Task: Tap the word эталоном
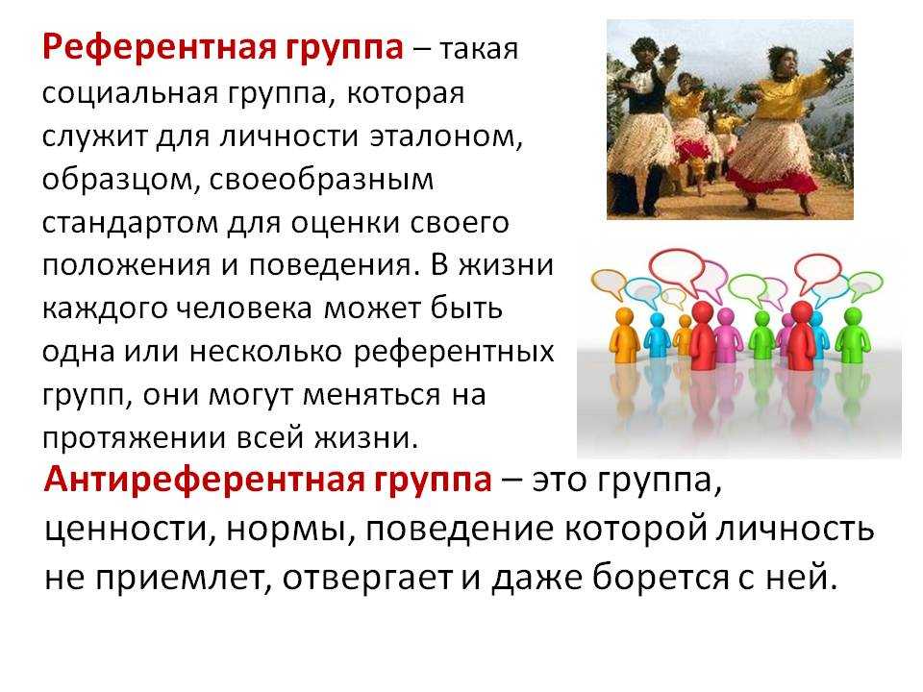tap(445, 137)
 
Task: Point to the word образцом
tap(117, 180)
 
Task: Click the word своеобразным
tap(321, 180)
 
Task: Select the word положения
tap(126, 266)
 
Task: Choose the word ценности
tap(126, 531)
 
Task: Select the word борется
tap(661, 578)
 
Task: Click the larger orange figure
tap(624, 334)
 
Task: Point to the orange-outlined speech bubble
tap(609, 283)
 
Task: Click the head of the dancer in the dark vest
tap(646, 50)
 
